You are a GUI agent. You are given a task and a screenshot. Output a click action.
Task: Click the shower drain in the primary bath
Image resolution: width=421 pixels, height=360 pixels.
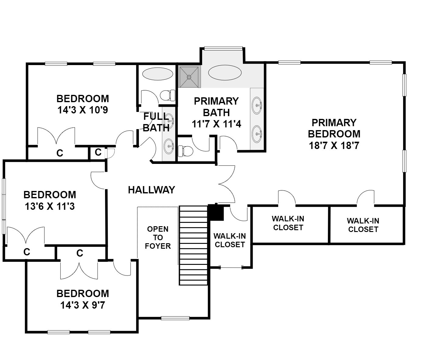coord(189,77)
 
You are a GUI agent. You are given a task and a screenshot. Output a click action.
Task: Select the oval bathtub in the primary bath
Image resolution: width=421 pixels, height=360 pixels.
coord(225,73)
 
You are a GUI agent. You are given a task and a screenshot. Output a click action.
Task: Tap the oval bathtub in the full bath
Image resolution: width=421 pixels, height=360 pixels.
coord(158,74)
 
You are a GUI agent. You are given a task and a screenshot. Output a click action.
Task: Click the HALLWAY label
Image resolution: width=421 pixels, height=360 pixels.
coord(152,190)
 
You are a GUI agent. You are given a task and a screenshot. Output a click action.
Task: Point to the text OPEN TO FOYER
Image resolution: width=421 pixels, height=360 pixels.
coord(158,237)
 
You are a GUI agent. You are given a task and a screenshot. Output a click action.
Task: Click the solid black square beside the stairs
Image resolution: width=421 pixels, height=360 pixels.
coord(216,212)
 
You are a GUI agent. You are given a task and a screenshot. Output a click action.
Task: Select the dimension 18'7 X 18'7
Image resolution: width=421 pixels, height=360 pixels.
coord(334,146)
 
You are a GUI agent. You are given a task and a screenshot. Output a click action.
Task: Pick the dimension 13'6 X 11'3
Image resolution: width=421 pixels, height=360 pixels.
coord(50,206)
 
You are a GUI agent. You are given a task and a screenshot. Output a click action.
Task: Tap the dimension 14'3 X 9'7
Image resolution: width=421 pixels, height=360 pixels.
coord(83,305)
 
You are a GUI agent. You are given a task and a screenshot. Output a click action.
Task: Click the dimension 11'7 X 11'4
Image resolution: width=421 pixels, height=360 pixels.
coord(216,124)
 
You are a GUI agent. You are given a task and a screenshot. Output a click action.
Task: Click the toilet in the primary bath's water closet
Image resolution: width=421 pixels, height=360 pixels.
coord(185,151)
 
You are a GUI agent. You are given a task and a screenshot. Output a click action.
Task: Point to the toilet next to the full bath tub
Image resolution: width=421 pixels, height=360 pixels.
coord(168,95)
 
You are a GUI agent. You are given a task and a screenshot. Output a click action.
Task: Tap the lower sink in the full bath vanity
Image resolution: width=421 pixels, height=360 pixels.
coord(169,146)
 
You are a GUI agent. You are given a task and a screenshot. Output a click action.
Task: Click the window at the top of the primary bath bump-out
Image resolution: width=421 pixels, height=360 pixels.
coord(223,48)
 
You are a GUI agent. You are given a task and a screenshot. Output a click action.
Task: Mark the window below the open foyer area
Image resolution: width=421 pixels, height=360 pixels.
coord(175,318)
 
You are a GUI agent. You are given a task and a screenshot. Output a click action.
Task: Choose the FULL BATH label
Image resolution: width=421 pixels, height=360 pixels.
coord(156,122)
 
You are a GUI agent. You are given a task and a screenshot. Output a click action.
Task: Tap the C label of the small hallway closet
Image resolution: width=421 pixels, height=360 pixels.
coord(98,152)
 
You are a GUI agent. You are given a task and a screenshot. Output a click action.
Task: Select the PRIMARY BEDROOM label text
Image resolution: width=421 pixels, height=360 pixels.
coord(334,128)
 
